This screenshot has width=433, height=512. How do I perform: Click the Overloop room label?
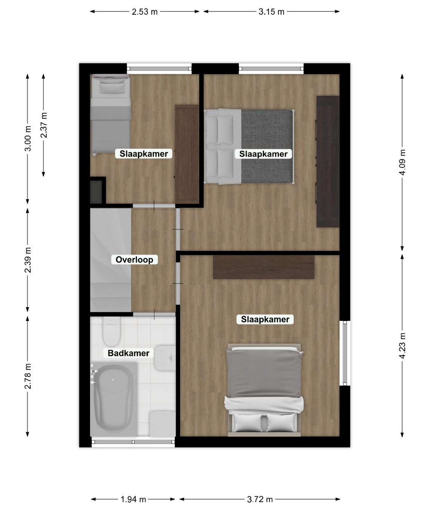coord(134,260)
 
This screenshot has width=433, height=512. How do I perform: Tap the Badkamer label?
coord(129,353)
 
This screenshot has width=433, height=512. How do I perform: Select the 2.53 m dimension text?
coord(144,12)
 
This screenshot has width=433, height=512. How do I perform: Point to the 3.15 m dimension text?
coord(272,12)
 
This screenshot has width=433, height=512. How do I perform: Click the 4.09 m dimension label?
coord(402,162)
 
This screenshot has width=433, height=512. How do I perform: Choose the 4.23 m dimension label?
coord(402,345)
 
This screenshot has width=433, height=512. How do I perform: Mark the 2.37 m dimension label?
coord(44,125)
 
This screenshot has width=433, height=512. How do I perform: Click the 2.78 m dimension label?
coord(28,376)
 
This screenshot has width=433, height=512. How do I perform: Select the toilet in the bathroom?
coord(112,331)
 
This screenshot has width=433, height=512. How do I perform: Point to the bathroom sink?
coord(165,358)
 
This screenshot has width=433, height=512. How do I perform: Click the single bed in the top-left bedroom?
coord(111,115)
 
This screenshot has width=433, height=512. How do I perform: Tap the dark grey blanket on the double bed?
coord(267,146)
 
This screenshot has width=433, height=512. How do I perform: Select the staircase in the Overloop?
coord(111,260)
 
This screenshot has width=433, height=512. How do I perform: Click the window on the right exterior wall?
coord(345,353)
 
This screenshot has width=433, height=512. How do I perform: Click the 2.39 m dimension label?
coord(28,260)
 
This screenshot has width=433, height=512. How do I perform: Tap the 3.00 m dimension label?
coord(28,138)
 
